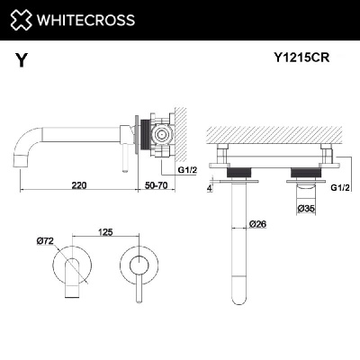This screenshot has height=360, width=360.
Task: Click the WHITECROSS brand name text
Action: tap(85, 19)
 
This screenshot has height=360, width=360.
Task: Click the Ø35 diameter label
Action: tap(308, 209)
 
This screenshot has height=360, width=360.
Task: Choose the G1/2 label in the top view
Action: tap(339, 187)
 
